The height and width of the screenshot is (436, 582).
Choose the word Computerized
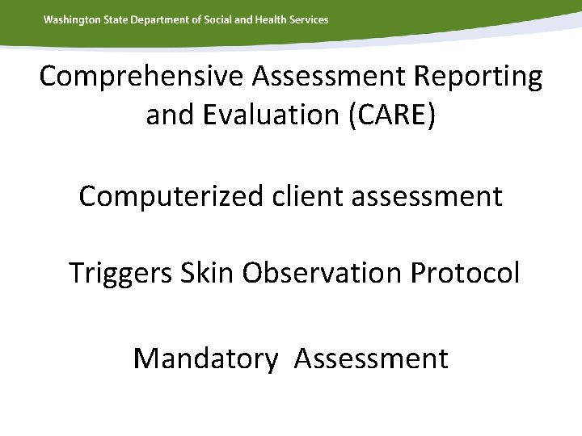point(169,195)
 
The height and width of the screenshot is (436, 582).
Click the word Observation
point(323,274)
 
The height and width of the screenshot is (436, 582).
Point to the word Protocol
point(466,274)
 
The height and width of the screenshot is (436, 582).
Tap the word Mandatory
point(205,358)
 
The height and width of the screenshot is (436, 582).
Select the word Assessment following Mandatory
point(371,358)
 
